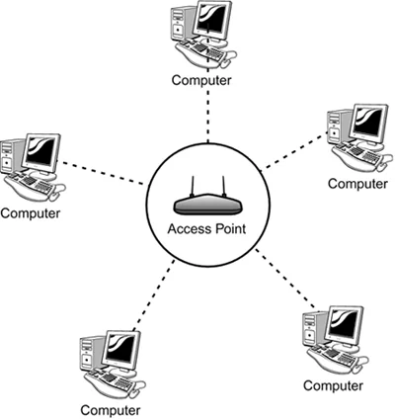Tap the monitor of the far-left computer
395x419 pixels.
pos(42,154)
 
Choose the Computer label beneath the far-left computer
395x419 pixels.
pos(31,211)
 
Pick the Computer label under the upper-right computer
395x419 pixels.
pos(357,183)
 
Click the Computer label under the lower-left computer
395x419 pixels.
pos(110,408)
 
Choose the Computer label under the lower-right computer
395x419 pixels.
pos(334,383)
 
